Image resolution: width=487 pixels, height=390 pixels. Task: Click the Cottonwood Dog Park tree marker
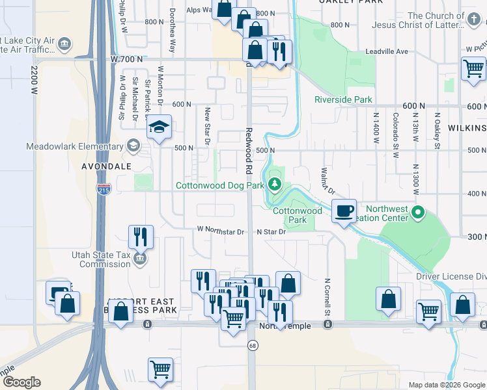point(275,185)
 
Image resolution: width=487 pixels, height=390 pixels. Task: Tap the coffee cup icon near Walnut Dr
point(344,211)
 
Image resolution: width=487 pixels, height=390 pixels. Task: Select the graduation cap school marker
point(158,127)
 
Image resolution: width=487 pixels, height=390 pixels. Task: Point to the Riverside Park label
point(343,99)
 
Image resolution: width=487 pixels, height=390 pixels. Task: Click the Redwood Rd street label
point(248,151)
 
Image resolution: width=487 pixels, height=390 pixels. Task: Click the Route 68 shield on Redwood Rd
point(251,346)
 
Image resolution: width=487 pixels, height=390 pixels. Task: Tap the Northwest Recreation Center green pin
point(419,212)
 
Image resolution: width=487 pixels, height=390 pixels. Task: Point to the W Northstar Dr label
point(221,231)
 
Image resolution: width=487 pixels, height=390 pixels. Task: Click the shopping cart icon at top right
point(473,68)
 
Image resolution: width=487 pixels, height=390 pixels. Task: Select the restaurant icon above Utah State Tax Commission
point(141,237)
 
